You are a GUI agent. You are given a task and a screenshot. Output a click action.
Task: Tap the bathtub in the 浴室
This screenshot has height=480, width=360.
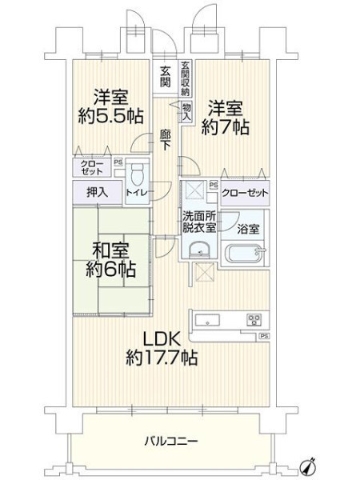click(x=245, y=254)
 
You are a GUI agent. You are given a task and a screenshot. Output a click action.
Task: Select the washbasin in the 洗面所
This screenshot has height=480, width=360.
click(x=199, y=249)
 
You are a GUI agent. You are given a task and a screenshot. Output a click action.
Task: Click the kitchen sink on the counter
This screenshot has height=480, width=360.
click(x=208, y=321)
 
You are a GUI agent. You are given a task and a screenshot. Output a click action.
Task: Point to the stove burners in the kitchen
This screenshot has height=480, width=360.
click(x=254, y=320)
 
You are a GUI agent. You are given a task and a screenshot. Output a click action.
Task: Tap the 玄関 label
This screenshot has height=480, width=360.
click(x=166, y=76)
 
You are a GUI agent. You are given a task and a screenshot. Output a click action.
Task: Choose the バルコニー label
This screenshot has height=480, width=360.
click(x=171, y=441)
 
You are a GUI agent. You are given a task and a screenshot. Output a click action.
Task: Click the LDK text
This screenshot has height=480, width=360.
click(x=162, y=339)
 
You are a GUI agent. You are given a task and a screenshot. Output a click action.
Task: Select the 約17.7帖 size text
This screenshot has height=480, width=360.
click(x=162, y=358)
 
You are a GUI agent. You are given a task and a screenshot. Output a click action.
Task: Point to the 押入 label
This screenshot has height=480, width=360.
click(x=97, y=193)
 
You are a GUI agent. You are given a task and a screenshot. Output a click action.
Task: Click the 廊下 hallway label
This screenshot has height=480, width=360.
click(x=166, y=140)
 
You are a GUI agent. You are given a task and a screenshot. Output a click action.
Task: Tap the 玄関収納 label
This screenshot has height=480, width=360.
click(x=186, y=79)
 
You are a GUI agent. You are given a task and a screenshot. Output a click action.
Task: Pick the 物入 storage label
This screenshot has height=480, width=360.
click(x=186, y=111)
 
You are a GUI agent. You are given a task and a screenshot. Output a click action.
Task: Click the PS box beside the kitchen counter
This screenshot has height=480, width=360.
click(x=265, y=336)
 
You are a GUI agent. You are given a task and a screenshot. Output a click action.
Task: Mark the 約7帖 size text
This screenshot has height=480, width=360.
click(x=226, y=126)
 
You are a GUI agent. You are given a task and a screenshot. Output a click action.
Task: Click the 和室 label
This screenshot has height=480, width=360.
click(x=111, y=251)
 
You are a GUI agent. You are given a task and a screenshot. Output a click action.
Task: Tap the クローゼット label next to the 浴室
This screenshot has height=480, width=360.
click(x=245, y=193)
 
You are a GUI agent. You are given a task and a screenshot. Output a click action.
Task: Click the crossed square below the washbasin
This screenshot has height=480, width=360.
click(x=203, y=272)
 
